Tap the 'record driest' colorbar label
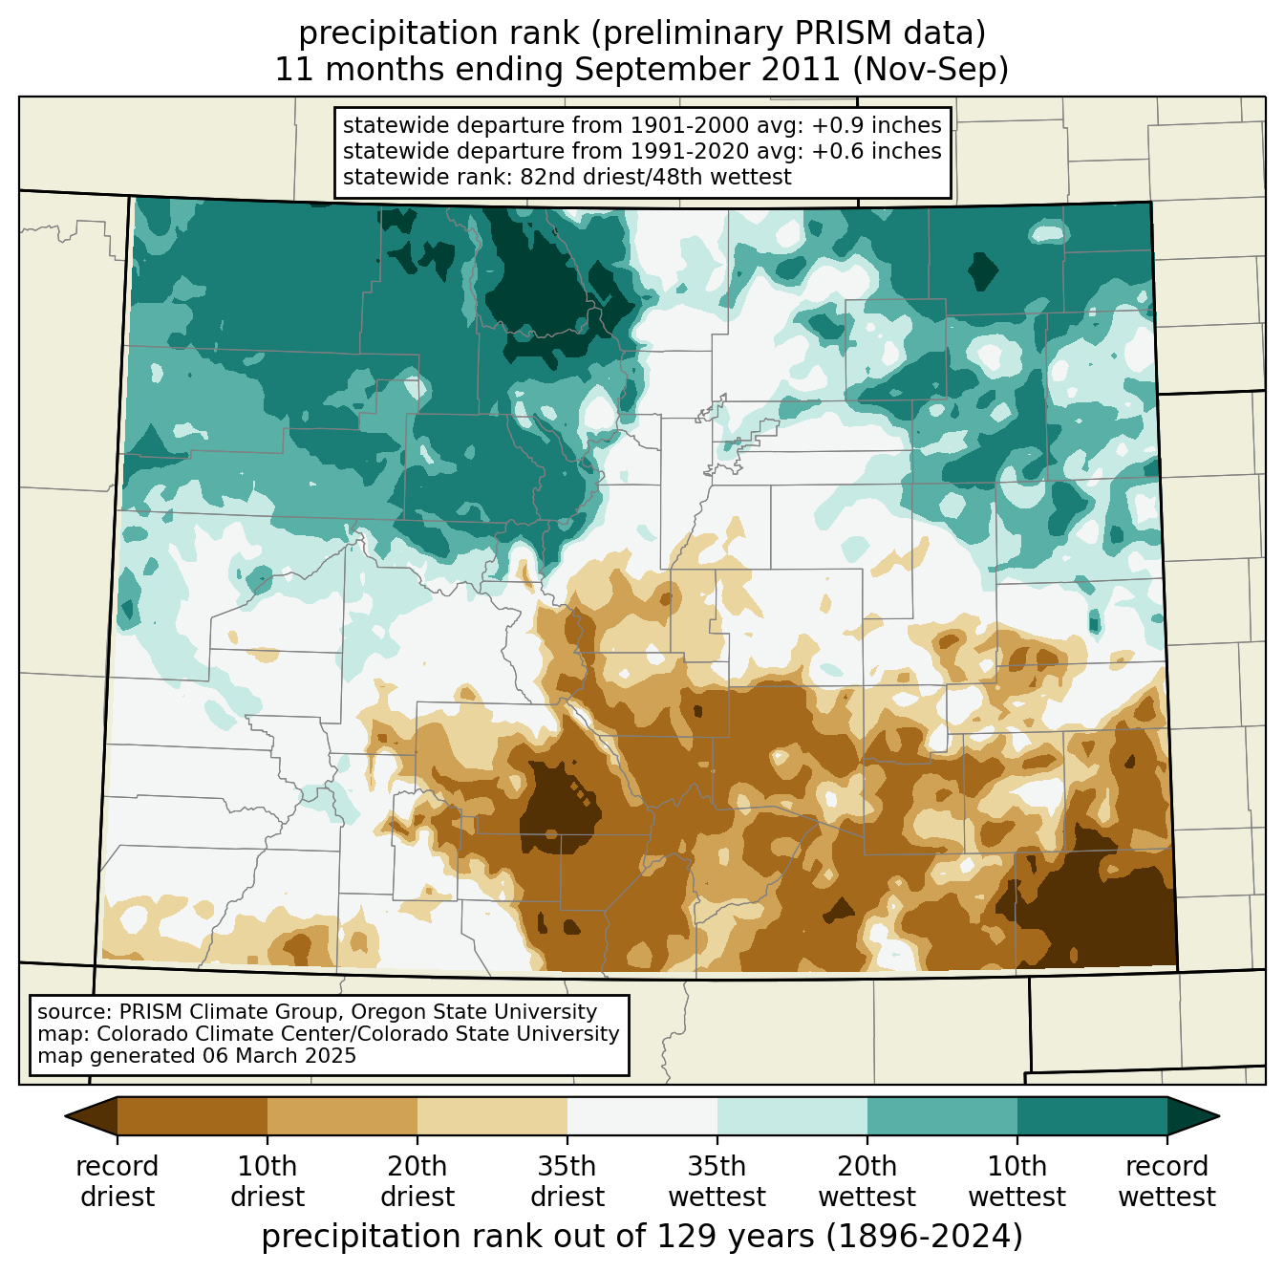tap(118, 1181)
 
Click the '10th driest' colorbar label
tap(267, 1181)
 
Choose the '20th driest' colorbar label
tap(417, 1181)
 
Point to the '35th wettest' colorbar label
tap(717, 1181)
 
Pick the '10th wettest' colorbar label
tap(1016, 1181)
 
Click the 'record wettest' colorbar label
tap(1166, 1181)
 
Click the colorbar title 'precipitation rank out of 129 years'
tap(538, 1237)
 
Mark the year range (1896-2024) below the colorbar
tap(924, 1237)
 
